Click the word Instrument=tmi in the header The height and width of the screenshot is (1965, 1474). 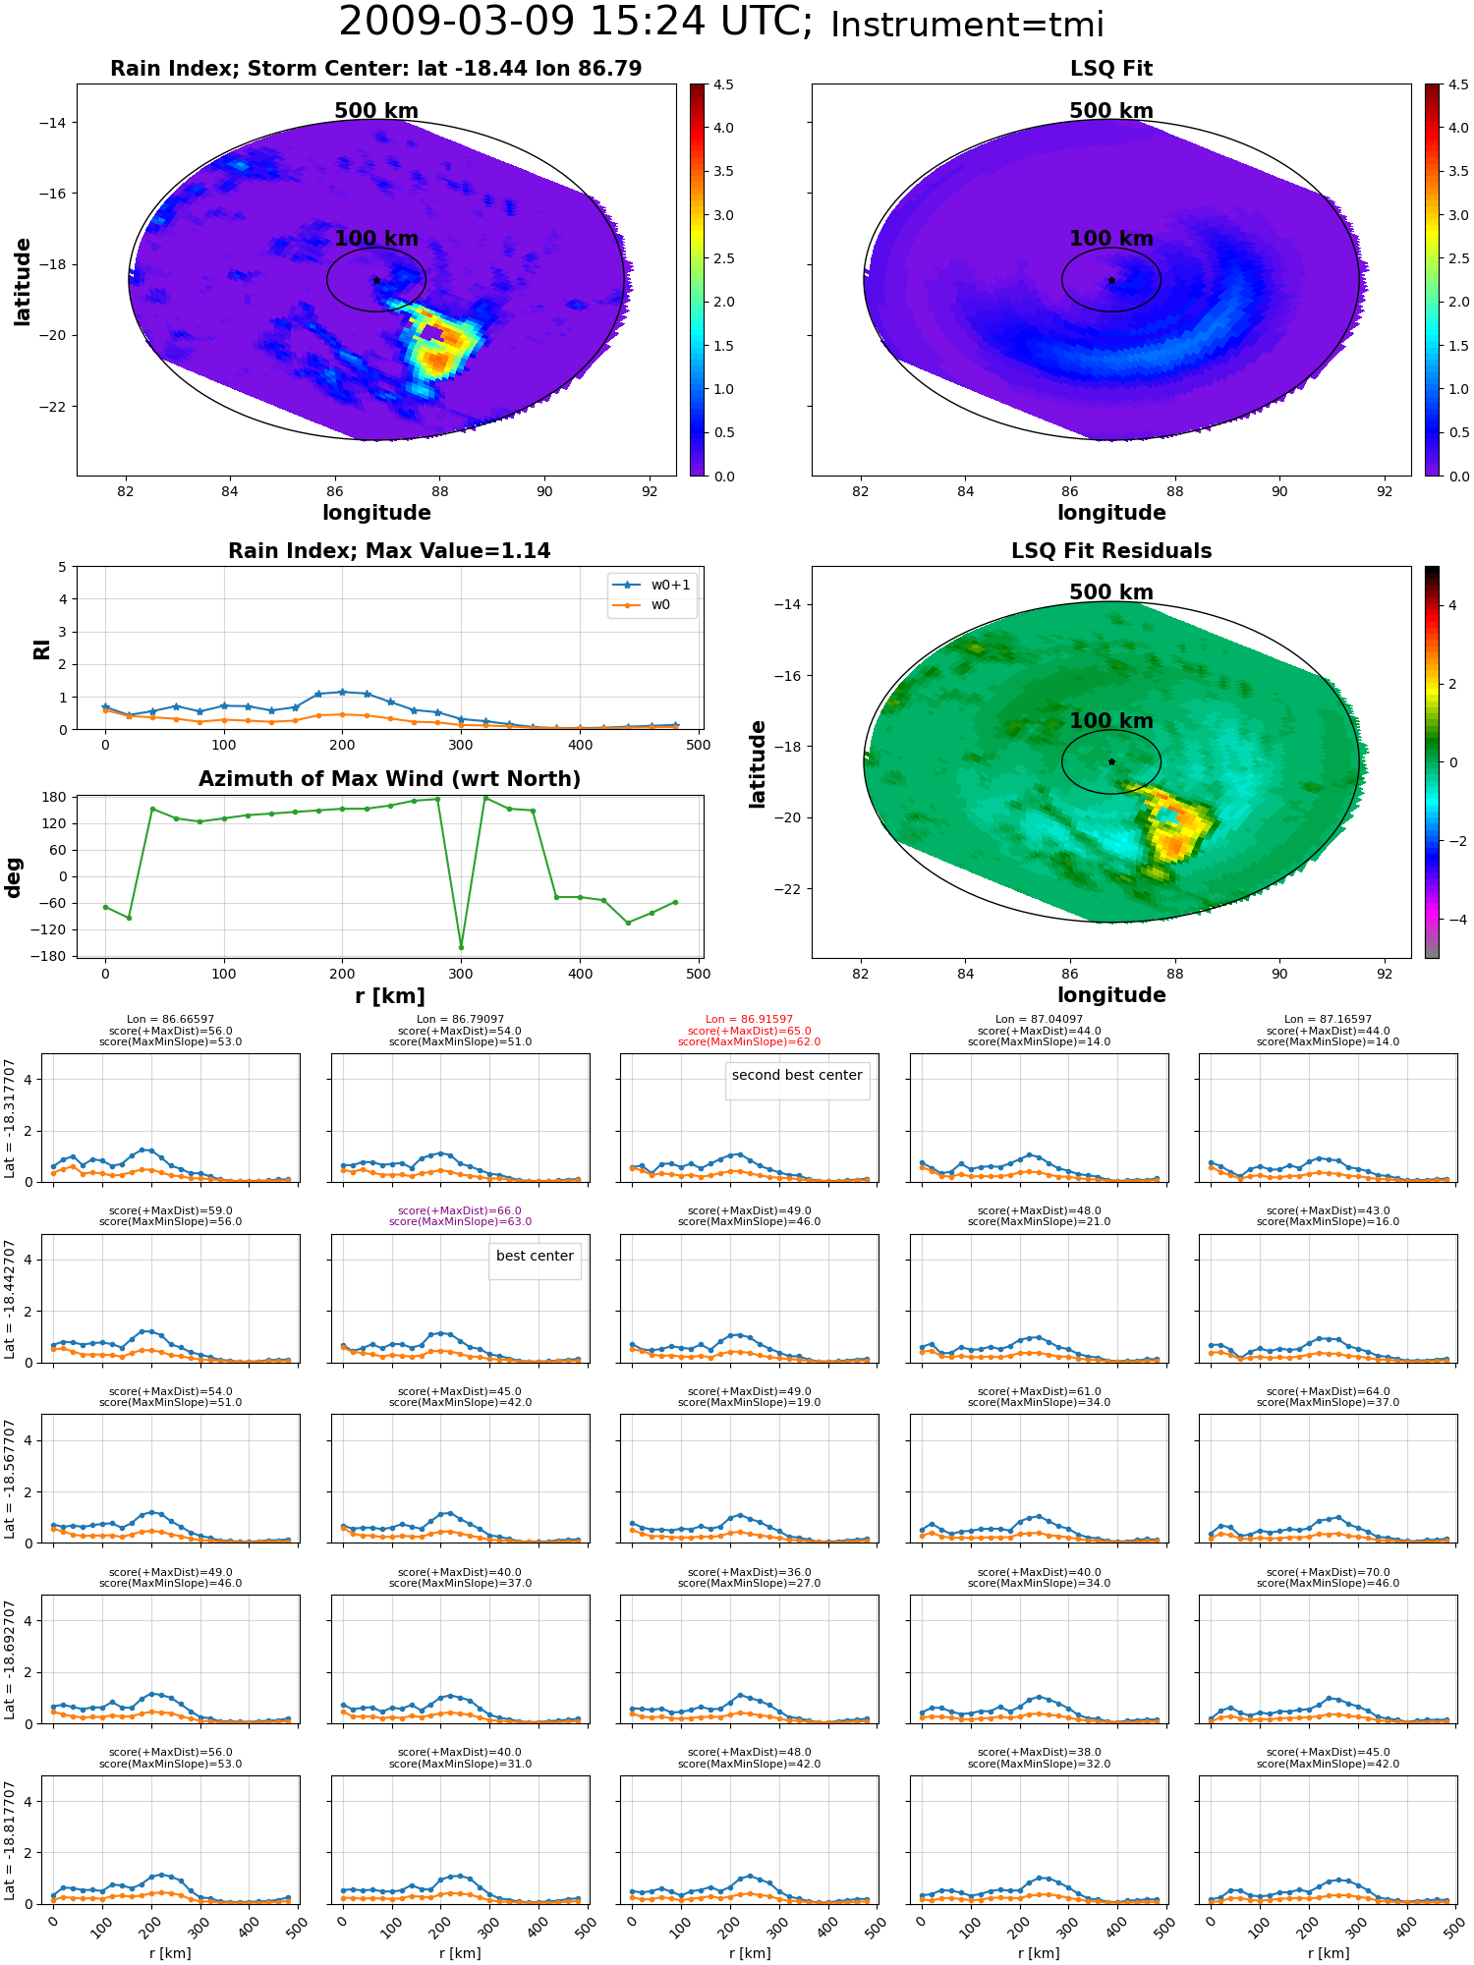point(967,25)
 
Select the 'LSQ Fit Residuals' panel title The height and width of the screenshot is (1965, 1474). point(1111,551)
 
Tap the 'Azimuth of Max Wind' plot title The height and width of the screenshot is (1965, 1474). point(389,779)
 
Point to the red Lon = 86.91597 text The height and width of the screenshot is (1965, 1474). point(749,1020)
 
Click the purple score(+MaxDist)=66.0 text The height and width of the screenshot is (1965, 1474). point(460,1211)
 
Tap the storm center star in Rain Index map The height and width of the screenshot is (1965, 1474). point(376,280)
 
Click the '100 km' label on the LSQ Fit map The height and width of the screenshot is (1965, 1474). point(1111,239)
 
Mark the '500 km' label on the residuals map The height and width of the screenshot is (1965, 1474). point(1111,592)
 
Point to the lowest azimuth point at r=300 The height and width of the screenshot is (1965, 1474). point(461,947)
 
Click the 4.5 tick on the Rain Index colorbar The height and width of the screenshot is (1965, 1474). point(723,85)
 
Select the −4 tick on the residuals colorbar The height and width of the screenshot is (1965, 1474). point(1452,920)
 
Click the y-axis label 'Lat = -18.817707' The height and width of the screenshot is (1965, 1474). point(10,1840)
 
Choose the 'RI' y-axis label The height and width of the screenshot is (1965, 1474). point(41,648)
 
